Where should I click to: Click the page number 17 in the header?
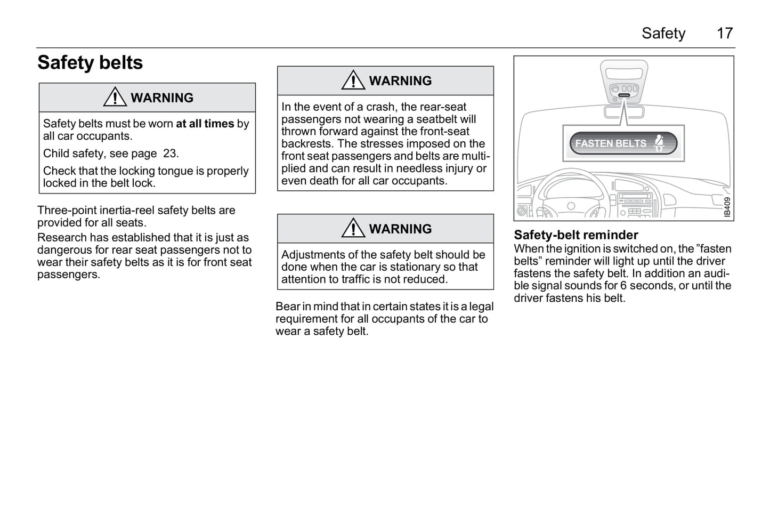point(725,34)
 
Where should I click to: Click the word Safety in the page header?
point(663,34)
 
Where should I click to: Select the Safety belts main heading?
point(90,63)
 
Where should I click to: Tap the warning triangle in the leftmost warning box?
point(115,97)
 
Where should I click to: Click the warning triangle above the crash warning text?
point(353,80)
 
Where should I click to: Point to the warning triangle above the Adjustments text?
point(353,228)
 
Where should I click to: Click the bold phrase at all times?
point(205,124)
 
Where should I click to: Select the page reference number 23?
point(170,154)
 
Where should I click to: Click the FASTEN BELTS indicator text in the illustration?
point(611,143)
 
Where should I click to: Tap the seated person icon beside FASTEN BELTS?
point(660,143)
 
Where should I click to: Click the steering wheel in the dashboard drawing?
point(571,197)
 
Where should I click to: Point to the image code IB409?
point(727,207)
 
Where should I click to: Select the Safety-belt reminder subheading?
point(576,235)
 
